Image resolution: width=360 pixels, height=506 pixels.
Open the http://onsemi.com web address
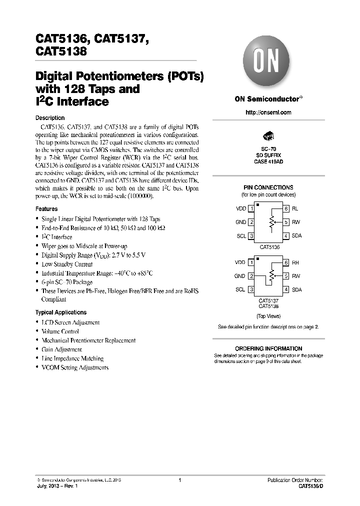(268, 112)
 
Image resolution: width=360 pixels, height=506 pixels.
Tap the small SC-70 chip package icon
(268, 136)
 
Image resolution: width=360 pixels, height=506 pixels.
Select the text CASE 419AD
(268, 161)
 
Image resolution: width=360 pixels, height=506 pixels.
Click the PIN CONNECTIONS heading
(268, 187)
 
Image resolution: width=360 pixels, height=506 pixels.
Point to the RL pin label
(295, 208)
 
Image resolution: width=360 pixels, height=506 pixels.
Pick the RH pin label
(295, 262)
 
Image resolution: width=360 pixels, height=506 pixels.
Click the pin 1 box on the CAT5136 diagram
(251, 208)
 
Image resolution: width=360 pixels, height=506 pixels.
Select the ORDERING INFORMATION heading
(268, 348)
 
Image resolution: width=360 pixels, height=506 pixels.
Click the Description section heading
(50, 118)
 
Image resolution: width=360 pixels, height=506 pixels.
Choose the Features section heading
(46, 209)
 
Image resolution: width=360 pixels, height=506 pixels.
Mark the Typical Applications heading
(61, 312)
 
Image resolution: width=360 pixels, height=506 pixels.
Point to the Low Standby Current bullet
(67, 264)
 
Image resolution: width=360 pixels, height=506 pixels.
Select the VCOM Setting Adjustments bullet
(75, 367)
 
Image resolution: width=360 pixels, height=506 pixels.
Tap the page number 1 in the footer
(179, 480)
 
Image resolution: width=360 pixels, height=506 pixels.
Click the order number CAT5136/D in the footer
(310, 486)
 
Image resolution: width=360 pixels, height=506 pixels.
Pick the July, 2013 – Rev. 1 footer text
(60, 486)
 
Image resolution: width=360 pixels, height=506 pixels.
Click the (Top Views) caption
(268, 316)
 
